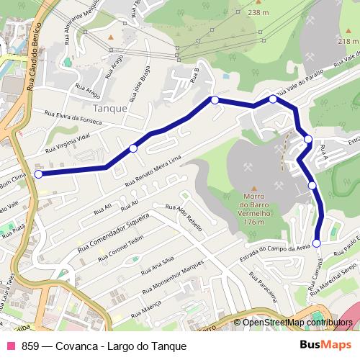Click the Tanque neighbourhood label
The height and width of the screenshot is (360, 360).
coord(110,108)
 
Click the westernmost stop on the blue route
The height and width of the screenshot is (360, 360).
coord(38,174)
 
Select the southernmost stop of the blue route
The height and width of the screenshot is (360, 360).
coord(317,243)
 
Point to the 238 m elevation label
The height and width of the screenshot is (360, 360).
coord(258,13)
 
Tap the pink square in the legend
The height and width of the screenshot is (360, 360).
coord(10,346)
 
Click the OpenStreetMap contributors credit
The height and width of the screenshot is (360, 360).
coord(297,323)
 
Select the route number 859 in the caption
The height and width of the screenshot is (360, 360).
coord(30,346)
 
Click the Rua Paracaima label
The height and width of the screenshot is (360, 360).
coord(264,291)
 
